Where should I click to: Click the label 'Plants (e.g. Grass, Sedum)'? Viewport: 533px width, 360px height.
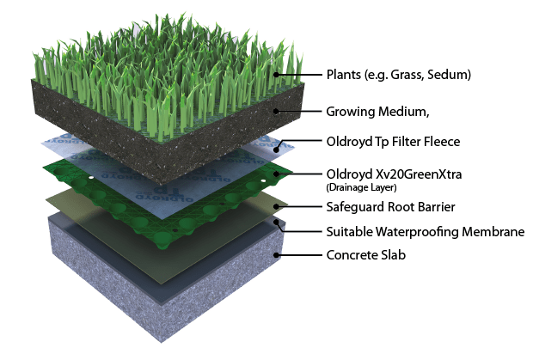[398, 75]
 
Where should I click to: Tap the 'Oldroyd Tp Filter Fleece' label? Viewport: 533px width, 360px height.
[389, 143]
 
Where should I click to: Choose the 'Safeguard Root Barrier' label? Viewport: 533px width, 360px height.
[383, 207]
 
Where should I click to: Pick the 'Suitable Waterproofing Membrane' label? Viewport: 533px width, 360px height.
[412, 231]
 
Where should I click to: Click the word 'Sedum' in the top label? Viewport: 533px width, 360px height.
[450, 75]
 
